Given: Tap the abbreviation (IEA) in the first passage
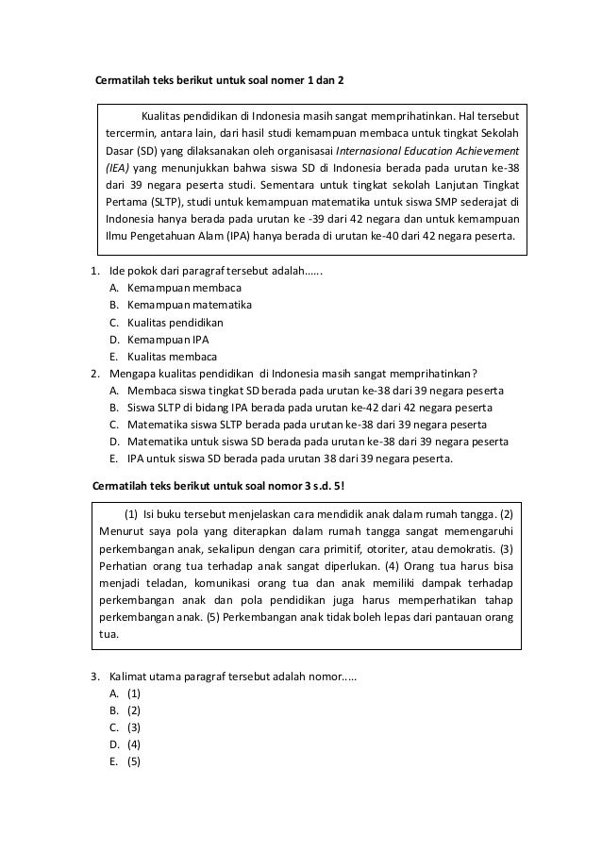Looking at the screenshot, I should point(122,167).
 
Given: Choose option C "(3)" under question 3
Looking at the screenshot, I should point(134,727).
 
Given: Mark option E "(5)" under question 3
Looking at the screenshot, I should point(134,761).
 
